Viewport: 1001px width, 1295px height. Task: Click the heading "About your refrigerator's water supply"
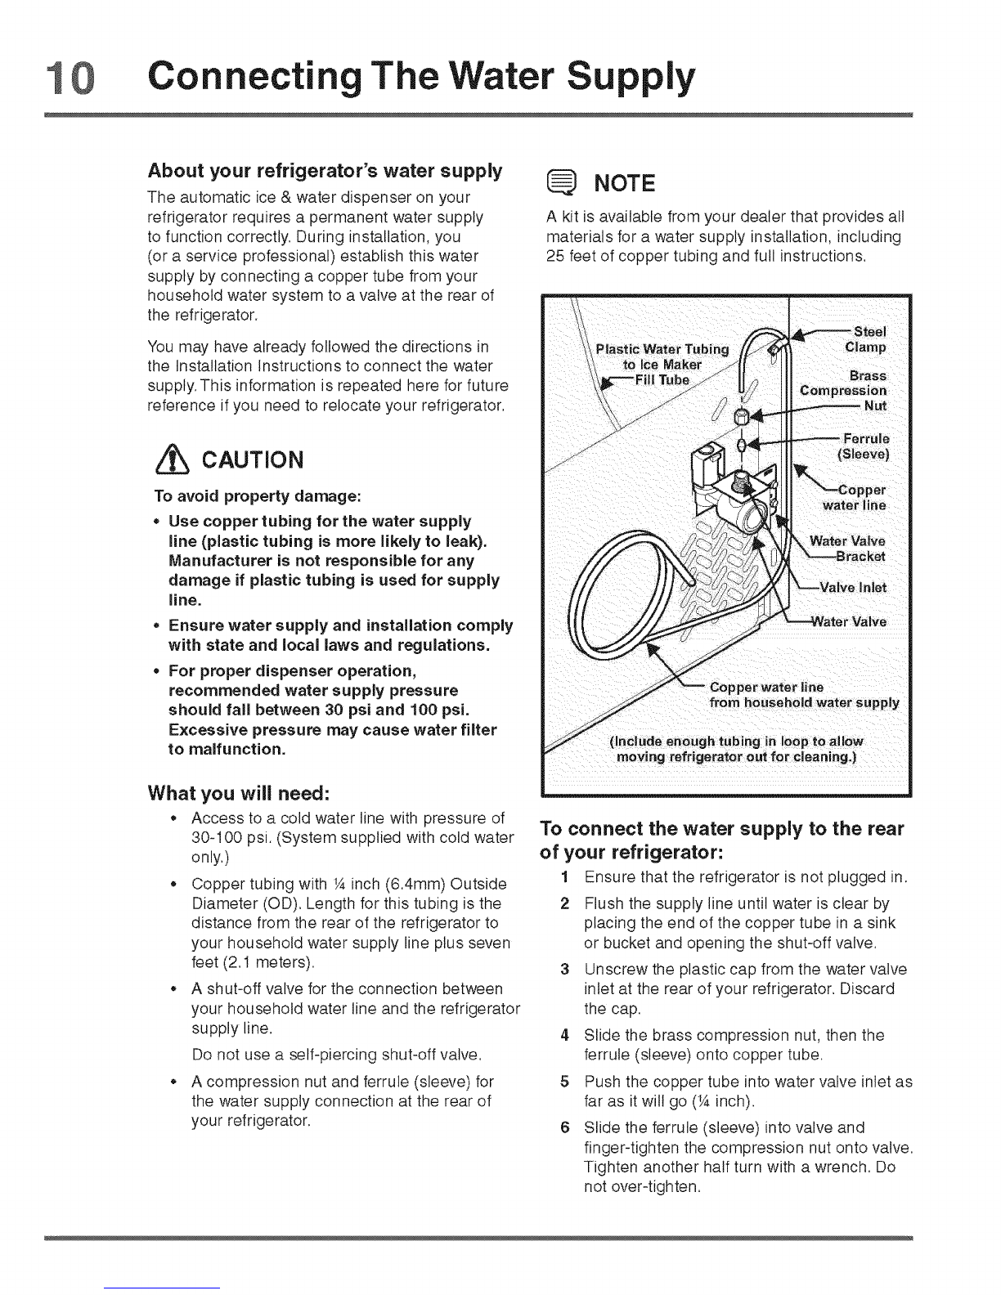(325, 172)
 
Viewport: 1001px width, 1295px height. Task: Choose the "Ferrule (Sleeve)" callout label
(864, 445)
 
